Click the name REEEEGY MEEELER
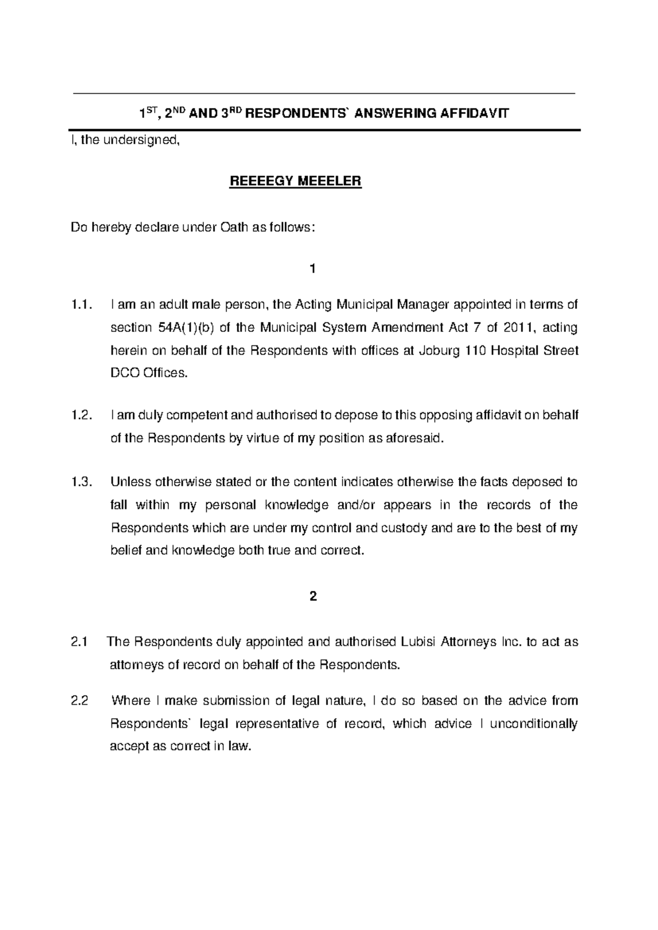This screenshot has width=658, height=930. coord(296,182)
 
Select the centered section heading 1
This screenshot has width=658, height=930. coord(313,269)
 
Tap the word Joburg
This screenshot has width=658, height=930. coord(439,350)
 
